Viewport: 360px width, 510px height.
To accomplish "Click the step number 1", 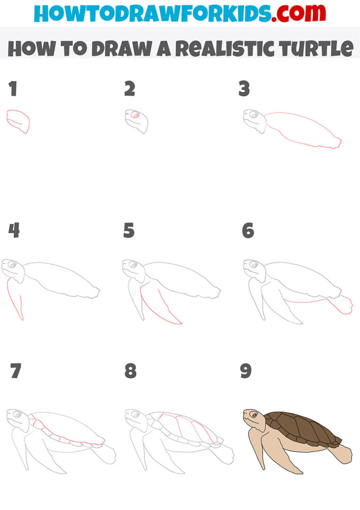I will tap(13, 89).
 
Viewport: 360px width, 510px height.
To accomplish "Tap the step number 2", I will tap(130, 89).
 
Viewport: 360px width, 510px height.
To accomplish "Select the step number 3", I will tap(244, 89).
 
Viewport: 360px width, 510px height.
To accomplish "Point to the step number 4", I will tap(14, 230).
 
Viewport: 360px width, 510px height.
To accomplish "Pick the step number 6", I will tap(247, 230).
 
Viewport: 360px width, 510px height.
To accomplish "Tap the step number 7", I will tap(15, 371).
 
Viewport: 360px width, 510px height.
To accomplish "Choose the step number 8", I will tap(130, 371).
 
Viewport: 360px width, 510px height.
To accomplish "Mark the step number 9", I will tap(246, 371).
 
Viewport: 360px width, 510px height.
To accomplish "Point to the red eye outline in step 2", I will tap(135, 114).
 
